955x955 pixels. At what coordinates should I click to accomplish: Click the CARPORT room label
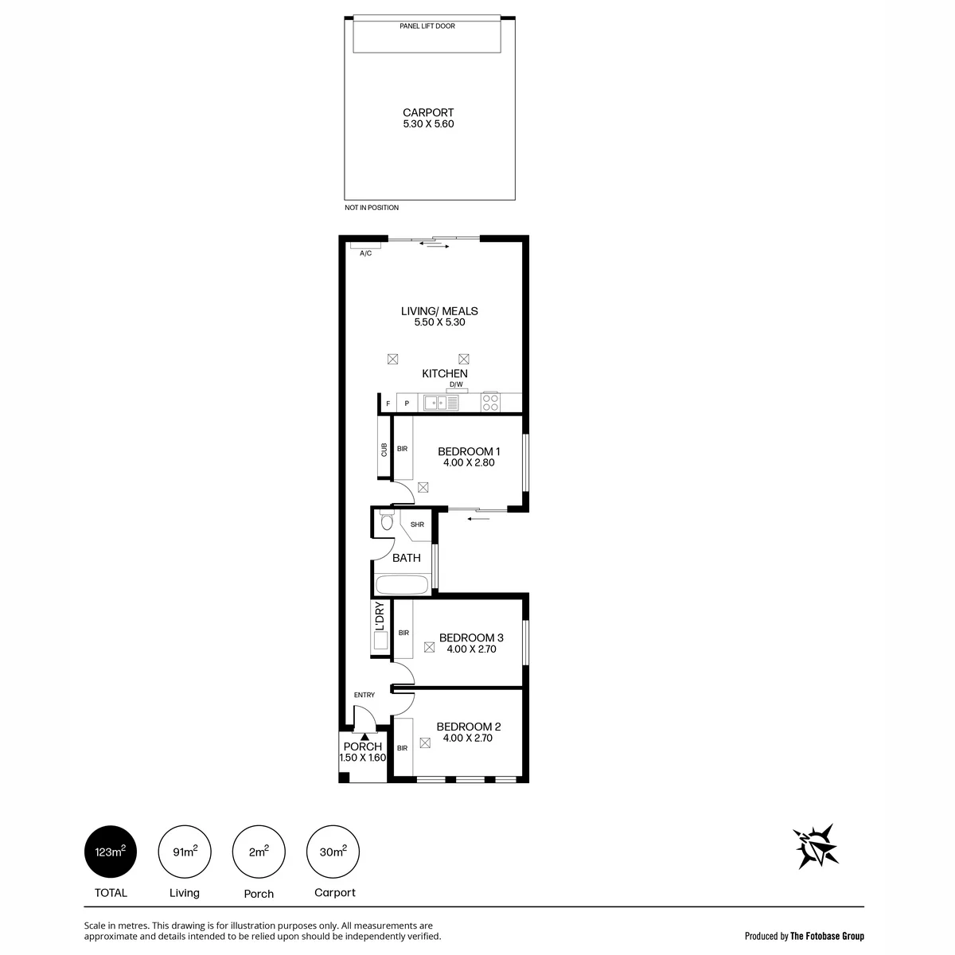[427, 113]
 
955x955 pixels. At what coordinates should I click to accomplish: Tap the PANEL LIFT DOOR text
[427, 26]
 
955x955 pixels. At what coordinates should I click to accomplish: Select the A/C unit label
[365, 253]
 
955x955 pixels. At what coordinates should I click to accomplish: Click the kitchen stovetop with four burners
[490, 403]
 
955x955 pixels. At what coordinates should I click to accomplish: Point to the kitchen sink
[441, 403]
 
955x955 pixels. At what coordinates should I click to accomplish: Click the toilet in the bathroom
[387, 521]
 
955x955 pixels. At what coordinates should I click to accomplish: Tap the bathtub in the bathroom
[402, 584]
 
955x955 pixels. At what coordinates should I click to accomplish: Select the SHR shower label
[417, 524]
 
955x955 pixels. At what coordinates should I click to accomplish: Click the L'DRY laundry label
[380, 615]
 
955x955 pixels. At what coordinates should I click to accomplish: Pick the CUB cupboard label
[384, 450]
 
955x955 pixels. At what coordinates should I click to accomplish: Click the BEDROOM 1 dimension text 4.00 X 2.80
[468, 463]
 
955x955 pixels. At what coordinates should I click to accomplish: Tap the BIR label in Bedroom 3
[403, 633]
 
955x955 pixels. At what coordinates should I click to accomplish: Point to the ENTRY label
[364, 695]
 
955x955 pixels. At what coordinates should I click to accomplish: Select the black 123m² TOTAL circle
[111, 852]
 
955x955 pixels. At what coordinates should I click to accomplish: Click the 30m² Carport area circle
[333, 852]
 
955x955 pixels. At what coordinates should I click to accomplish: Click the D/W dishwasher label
[456, 384]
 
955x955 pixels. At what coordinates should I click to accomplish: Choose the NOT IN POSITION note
[372, 208]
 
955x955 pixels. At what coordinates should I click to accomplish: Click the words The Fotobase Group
[827, 936]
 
